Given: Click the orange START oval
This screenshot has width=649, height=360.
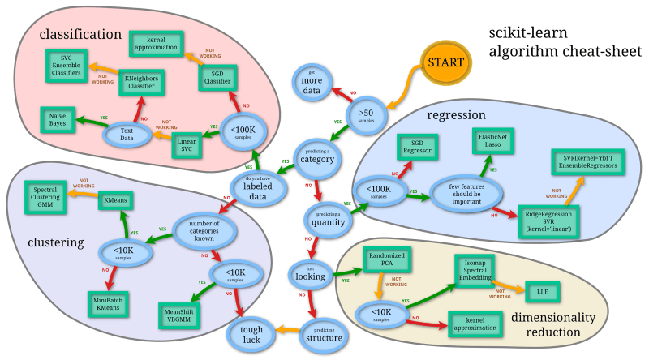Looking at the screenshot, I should [x=445, y=62].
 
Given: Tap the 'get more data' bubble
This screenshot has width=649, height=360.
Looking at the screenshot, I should [x=313, y=85].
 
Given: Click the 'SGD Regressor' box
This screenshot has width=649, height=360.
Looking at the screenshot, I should [x=419, y=148].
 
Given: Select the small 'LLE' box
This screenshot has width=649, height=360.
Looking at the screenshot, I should [x=542, y=291].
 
